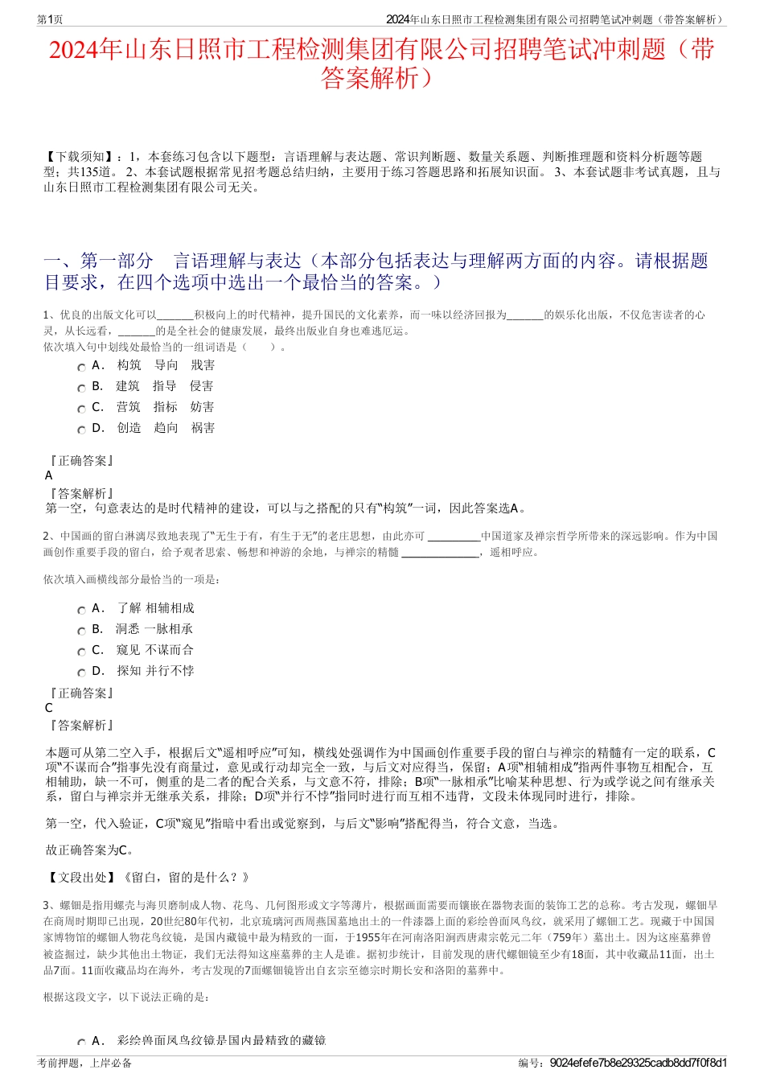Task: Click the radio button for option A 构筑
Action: tap(81, 368)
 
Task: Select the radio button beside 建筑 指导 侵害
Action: tap(81, 389)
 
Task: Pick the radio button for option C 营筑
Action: tap(81, 409)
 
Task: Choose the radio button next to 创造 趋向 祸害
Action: tap(81, 430)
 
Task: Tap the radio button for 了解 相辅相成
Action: tap(81, 611)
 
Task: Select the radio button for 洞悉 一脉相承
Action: tap(81, 632)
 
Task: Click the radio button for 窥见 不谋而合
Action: tap(81, 652)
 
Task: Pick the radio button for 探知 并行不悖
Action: tap(81, 673)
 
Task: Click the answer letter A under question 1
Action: tap(49, 475)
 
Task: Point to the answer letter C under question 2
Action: tap(49, 708)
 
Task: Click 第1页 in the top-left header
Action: tap(50, 19)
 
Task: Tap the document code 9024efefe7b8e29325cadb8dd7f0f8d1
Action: tap(639, 1063)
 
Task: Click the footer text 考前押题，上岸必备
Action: tap(84, 1063)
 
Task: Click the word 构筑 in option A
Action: tap(129, 365)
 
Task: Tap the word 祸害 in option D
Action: tap(203, 428)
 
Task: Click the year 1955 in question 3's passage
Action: tap(368, 937)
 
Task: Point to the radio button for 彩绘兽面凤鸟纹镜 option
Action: tap(81, 1043)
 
